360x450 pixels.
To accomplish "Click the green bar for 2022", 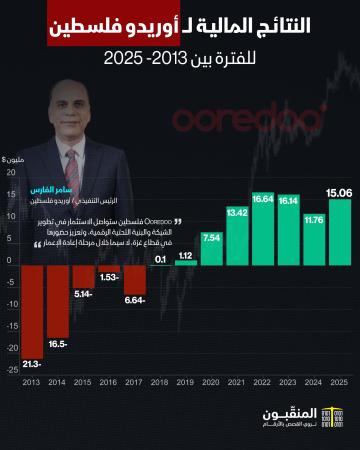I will (x=263, y=230).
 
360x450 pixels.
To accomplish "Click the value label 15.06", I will (x=338, y=192).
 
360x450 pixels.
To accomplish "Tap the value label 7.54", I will (x=211, y=239).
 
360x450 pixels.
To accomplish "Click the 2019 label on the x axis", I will (x=186, y=382).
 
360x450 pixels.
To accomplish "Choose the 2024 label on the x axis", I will (x=313, y=382).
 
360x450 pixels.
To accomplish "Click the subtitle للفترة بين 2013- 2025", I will (x=180, y=60).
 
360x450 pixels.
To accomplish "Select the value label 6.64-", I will (x=134, y=300).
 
